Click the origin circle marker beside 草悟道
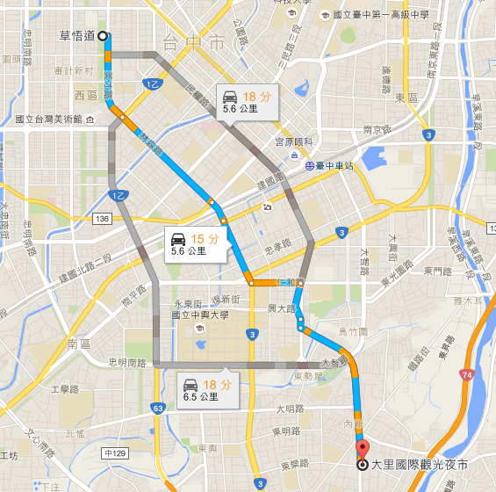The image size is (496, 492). [x=103, y=36]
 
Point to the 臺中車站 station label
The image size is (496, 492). [x=334, y=165]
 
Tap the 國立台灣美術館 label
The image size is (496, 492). [x=48, y=119]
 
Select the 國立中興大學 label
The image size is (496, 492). [x=200, y=314]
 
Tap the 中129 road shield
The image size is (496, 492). [x=114, y=453]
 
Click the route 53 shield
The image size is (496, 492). [x=157, y=408]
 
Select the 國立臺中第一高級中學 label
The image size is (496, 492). [x=374, y=16]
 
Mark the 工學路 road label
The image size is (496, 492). [x=65, y=389]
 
